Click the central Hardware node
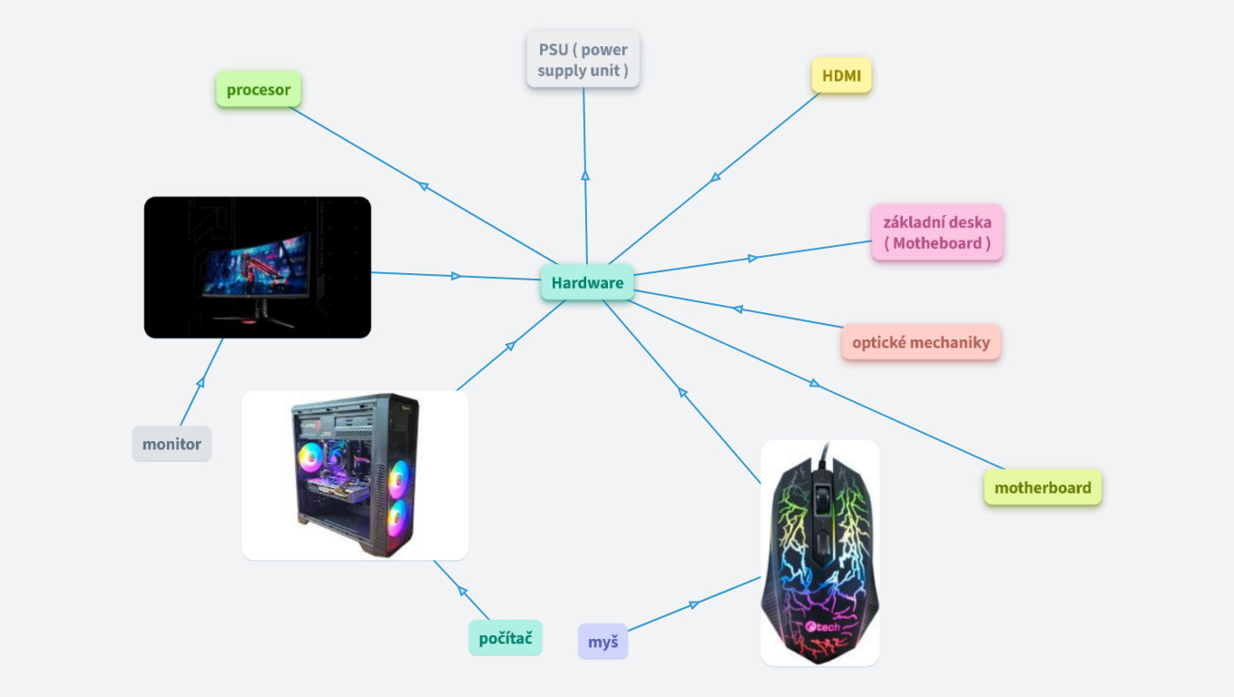[x=587, y=282]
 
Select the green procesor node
[x=259, y=90]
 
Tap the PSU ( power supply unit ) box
[x=583, y=60]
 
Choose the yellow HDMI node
[x=841, y=76]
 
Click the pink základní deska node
[x=937, y=232]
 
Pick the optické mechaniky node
[x=921, y=343]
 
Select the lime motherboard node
[x=1043, y=488]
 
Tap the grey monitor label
[x=171, y=445]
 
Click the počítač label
[x=505, y=637]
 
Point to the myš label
[x=602, y=643]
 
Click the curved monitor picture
[x=258, y=268]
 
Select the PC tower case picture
[x=355, y=476]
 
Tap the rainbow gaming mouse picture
[x=819, y=554]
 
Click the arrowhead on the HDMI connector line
[x=716, y=177]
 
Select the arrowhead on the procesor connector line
[x=424, y=186]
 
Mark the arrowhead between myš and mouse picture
[x=694, y=604]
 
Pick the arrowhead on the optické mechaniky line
[x=738, y=309]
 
